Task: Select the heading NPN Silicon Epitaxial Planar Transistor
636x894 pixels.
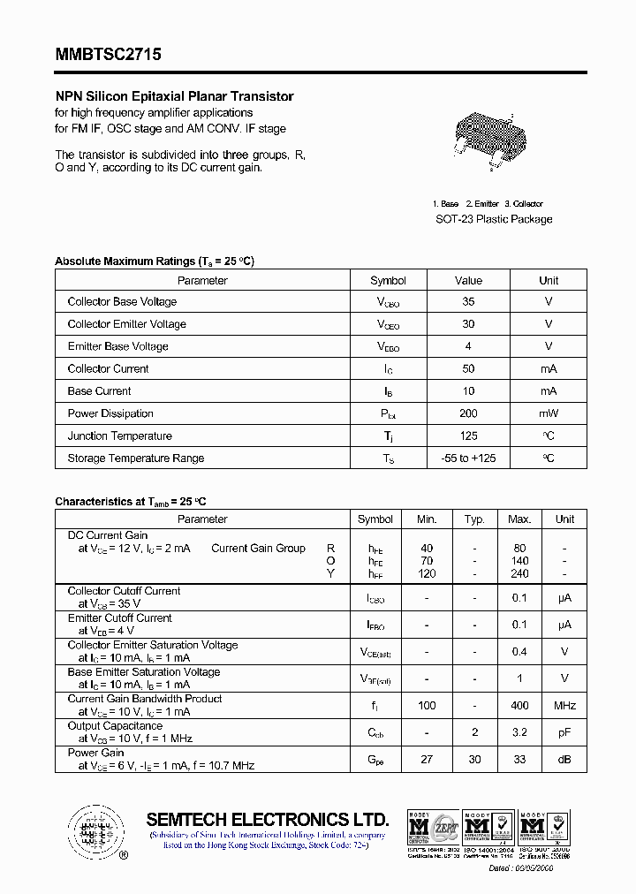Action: point(174,96)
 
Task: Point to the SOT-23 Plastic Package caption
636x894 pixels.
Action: point(494,219)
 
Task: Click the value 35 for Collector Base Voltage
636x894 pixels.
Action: point(468,301)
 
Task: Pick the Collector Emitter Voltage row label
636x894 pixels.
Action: point(126,324)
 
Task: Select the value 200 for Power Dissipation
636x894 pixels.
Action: point(468,413)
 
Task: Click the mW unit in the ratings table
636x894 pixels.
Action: point(549,413)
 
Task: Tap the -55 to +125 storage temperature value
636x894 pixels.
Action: point(468,458)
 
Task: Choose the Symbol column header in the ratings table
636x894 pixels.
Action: point(388,280)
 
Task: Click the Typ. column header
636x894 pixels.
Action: point(474,519)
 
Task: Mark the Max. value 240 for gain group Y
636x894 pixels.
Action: point(519,573)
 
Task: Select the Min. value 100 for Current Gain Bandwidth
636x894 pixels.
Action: point(428,705)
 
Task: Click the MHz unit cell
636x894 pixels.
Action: point(564,705)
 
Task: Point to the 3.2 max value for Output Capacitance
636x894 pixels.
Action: point(519,732)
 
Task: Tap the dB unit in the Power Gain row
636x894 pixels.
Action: point(564,760)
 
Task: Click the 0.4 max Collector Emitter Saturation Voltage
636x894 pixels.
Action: point(519,652)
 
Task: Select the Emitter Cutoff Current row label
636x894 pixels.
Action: point(119,618)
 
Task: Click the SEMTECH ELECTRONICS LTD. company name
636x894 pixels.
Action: point(268,819)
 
